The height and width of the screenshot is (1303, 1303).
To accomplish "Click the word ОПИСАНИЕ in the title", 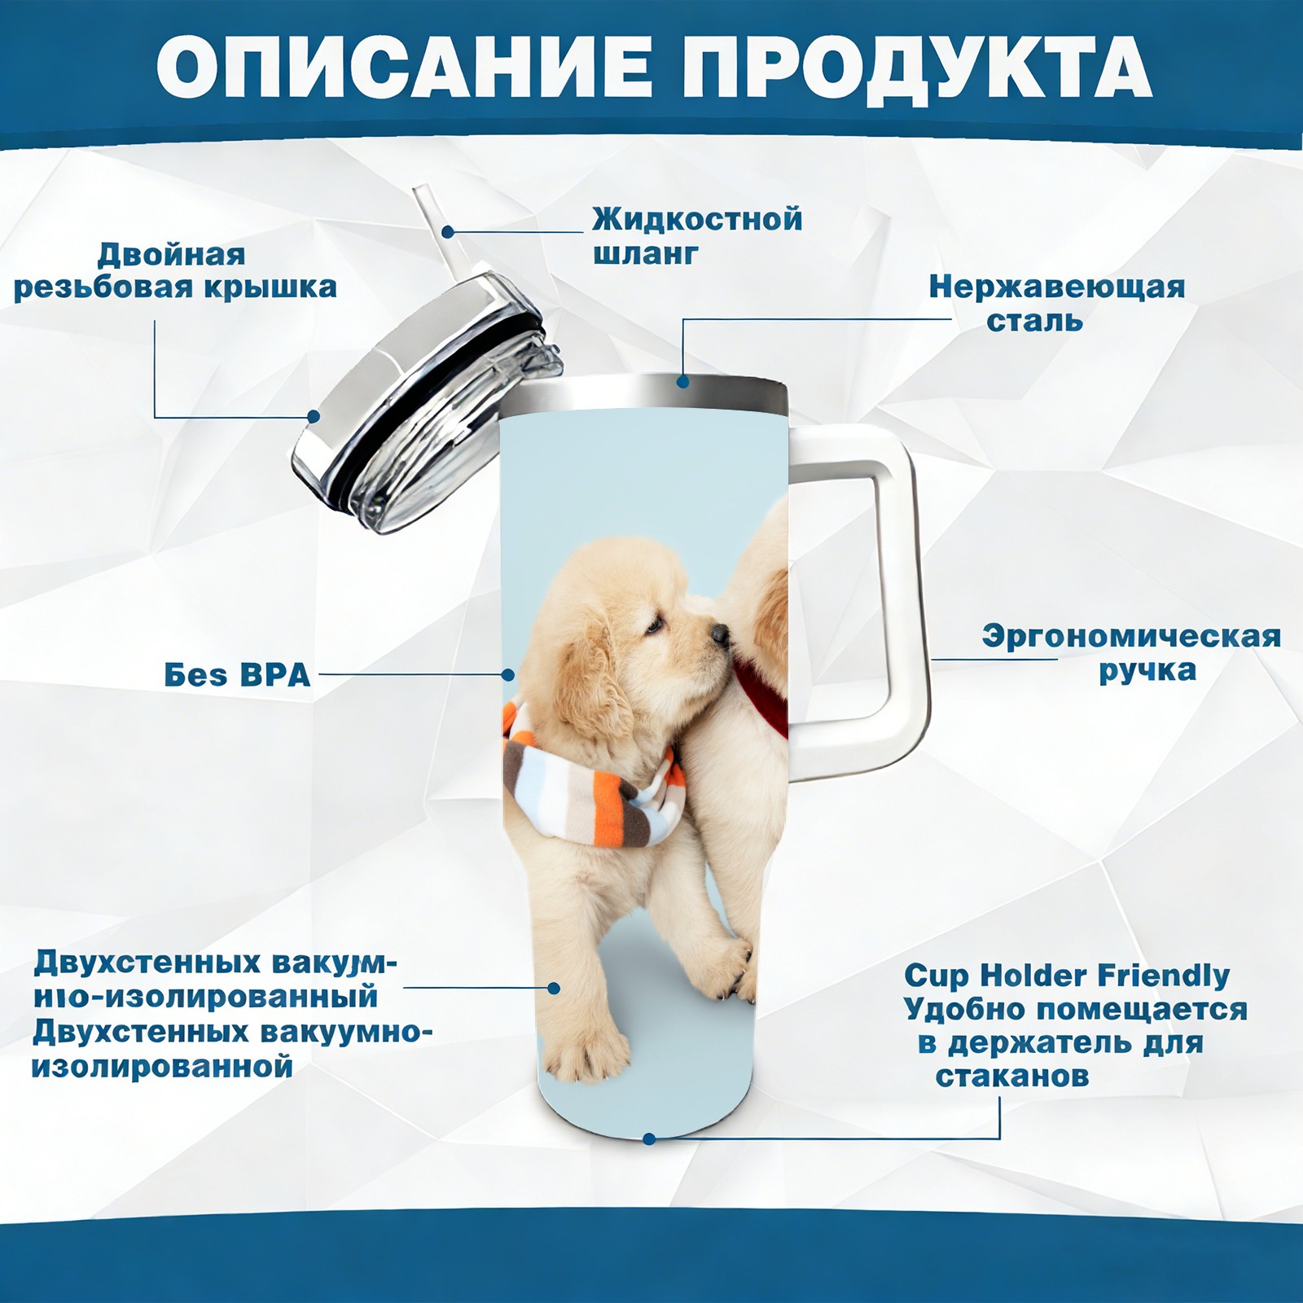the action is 405,67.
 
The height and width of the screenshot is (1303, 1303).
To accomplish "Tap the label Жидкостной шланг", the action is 697,236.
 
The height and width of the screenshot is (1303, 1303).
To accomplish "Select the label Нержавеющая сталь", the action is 1057,304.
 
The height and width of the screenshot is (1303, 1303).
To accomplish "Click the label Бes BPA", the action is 237,675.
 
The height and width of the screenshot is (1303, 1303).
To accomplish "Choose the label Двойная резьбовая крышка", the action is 175,271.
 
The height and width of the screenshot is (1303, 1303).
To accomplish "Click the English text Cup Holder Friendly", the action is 1067,975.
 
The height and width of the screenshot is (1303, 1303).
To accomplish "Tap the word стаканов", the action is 1011,1076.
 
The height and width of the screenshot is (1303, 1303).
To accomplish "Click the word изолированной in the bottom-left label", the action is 162,1066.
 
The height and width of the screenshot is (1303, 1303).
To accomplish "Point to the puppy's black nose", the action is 719,634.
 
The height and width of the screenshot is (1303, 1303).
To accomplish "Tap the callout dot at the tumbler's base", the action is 649,1138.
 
